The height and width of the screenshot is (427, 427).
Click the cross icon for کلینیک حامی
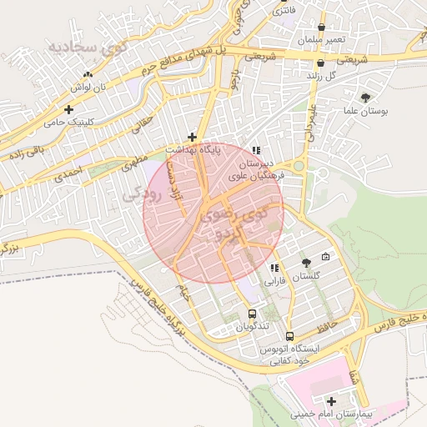point(68,109)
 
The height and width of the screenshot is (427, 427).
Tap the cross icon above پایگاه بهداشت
point(192,137)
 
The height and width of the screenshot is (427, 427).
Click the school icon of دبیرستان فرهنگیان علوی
point(255,151)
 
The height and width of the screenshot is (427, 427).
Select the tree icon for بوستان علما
point(365,98)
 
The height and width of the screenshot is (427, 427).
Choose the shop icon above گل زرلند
point(320,63)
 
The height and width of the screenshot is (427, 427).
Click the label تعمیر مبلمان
point(319,40)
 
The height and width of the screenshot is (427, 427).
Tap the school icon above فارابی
point(274,268)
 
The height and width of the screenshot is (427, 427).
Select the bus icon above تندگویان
point(252,314)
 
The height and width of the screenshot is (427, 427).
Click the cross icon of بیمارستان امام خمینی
point(333,401)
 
